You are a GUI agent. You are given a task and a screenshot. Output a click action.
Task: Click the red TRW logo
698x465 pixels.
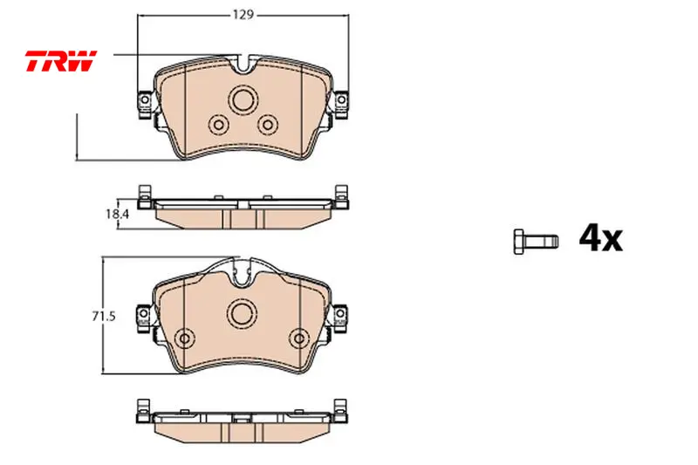pos(61,61)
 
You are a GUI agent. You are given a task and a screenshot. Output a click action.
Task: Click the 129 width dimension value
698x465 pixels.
pos(243,15)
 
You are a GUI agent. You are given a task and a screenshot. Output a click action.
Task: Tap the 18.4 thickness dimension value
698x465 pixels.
pos(117,214)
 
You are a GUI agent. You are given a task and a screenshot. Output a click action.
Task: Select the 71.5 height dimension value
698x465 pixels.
pos(104,317)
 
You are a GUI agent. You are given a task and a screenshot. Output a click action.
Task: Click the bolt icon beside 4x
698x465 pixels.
pos(536,242)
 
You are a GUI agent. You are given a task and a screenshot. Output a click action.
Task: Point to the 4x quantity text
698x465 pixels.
pos(600,239)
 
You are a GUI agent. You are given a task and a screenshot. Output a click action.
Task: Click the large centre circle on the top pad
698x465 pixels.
pos(243,99)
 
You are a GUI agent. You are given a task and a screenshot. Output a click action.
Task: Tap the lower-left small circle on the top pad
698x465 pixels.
pos(219,125)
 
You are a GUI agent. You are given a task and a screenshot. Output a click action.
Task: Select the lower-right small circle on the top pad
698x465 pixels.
pos(268,125)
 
